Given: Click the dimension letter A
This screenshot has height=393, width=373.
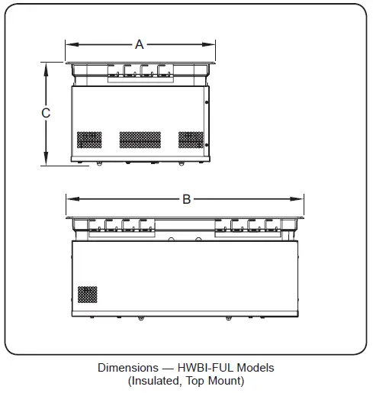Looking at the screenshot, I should pyautogui.click(x=140, y=44).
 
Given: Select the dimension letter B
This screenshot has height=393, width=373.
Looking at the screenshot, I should pyautogui.click(x=186, y=199).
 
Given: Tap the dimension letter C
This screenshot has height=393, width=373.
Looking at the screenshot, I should pyautogui.click(x=46, y=113).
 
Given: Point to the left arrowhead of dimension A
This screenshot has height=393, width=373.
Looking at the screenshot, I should pyautogui.click(x=68, y=44).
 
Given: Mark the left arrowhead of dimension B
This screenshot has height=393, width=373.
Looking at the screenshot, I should pyautogui.click(x=69, y=199).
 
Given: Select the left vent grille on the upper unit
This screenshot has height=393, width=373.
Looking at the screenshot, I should pyautogui.click(x=88, y=140).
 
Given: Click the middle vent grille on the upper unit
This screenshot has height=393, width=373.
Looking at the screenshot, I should pyautogui.click(x=140, y=140).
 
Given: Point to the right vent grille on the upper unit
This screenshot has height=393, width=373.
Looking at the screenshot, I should pyautogui.click(x=191, y=140).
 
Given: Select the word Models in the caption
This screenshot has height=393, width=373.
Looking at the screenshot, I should pyautogui.click(x=256, y=368).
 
